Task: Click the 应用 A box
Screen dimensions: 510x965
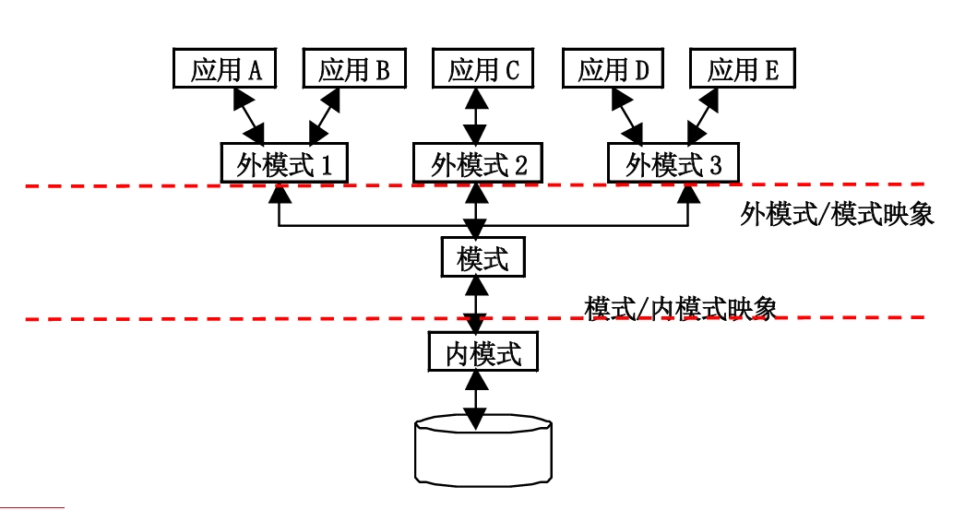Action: (x=225, y=69)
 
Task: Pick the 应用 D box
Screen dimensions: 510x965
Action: (x=614, y=69)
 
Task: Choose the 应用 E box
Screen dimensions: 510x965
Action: (x=743, y=69)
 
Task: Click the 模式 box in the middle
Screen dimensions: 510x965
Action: (x=482, y=257)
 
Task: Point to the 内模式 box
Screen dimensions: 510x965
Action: (x=482, y=352)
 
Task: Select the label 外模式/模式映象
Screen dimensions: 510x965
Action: (x=837, y=216)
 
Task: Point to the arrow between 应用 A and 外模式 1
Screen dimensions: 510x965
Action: (x=248, y=115)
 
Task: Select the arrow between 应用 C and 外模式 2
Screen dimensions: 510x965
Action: (x=475, y=115)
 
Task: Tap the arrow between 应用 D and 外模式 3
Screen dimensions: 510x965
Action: (x=626, y=115)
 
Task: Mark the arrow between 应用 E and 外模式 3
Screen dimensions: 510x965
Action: (x=703, y=115)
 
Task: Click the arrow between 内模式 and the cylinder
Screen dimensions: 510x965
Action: (x=475, y=401)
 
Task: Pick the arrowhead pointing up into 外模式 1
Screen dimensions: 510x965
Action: (x=279, y=194)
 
